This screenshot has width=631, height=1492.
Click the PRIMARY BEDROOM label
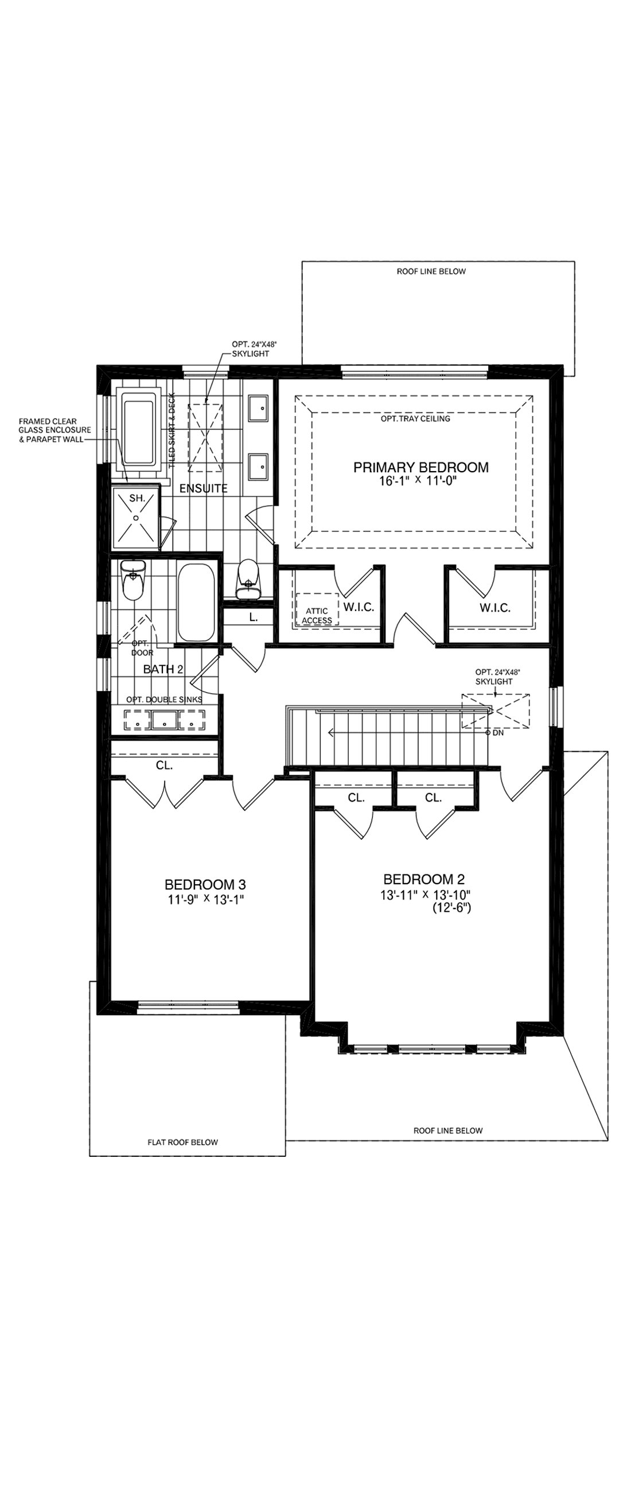421,467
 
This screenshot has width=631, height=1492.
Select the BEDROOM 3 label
205,884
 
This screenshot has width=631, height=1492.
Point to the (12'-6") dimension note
451,909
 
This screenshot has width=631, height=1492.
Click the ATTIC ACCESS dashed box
317,609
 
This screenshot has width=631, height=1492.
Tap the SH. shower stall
135,516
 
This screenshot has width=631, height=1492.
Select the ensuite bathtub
139,428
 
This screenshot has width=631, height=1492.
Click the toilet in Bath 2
133,581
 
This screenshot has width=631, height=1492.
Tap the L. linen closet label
253,617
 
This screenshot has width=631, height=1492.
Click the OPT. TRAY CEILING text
415,418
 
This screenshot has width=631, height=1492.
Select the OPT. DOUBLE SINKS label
165,700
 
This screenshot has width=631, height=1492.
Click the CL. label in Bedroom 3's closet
164,765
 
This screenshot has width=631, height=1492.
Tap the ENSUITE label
203,488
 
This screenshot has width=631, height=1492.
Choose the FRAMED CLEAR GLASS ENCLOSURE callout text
54,430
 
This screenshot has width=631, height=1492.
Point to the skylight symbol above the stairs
495,710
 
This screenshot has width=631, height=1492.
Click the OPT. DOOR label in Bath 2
142,648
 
